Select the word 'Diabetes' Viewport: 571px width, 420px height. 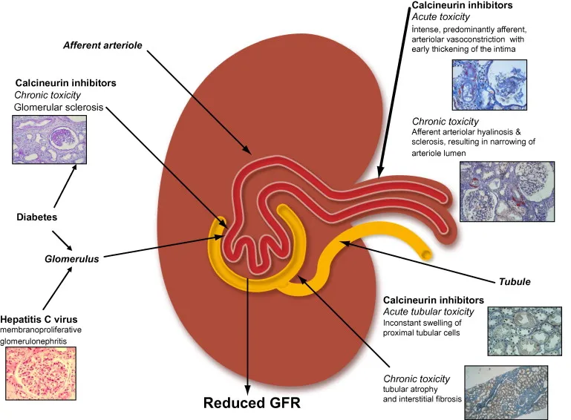pos(37,217)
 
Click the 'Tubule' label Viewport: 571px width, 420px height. pos(515,281)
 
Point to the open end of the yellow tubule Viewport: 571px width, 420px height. pos(427,254)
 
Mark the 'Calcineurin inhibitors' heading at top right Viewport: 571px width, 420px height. pos(462,6)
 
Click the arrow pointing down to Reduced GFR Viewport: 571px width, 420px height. pos(248,334)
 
